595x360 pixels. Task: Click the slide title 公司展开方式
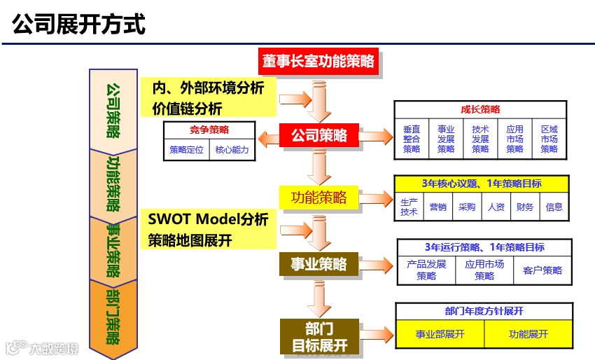pos(79,25)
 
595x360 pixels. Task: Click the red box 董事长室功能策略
pos(318,61)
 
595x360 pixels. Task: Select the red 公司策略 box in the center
pos(319,136)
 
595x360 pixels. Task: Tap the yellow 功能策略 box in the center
pos(318,198)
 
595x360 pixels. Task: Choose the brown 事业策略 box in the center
pos(318,264)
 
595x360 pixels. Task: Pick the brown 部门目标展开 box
pos(318,337)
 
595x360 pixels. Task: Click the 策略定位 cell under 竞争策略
pos(186,150)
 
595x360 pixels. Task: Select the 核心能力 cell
pos(232,150)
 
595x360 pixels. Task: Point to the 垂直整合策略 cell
pos(412,139)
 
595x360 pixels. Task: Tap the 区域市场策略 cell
pos(549,139)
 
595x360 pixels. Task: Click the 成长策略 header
pos(480,110)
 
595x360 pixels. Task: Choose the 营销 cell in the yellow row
pos(438,207)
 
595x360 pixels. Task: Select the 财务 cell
pos(525,207)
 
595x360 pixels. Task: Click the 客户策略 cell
pos(542,270)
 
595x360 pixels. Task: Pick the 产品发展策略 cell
pos(426,270)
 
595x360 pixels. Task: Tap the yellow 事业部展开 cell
pos(440,334)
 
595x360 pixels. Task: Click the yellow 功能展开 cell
pos(528,334)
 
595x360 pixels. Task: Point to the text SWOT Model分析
pos(208,219)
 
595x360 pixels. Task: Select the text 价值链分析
pos(187,109)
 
